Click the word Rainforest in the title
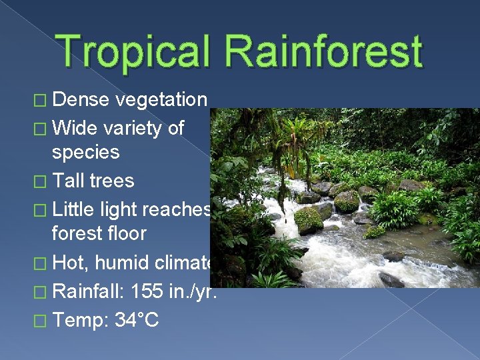[325, 51]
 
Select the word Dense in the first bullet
[81, 100]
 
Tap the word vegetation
[161, 100]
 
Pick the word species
[86, 153]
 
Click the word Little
[75, 209]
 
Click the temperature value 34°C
[137, 320]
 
